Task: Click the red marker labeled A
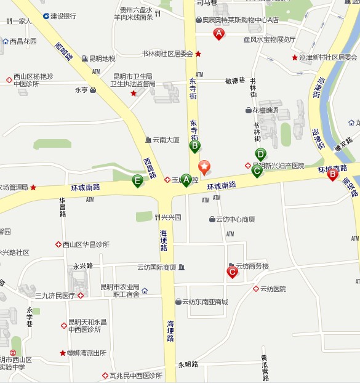tap(218, 34)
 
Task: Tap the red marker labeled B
tap(333, 174)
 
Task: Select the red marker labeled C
tap(233, 271)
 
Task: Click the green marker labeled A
tap(186, 180)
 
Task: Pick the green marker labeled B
tap(194, 146)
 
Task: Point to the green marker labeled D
tap(260, 155)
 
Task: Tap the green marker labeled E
tap(138, 180)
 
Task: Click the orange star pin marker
tap(204, 166)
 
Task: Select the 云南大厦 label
tap(166, 140)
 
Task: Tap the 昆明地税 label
tap(102, 58)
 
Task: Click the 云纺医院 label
tap(273, 289)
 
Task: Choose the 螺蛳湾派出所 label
tap(87, 353)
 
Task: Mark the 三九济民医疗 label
tap(55, 296)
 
